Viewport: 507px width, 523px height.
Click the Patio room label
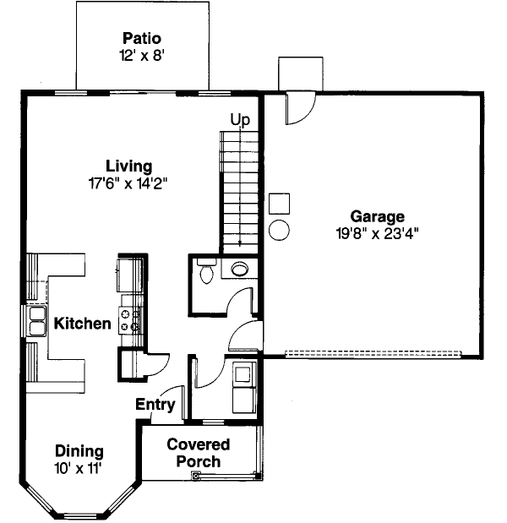coord(141,39)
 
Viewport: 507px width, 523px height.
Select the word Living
coord(128,166)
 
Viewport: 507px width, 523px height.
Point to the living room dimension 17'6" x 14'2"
coord(128,183)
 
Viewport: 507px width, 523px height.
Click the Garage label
coord(377,216)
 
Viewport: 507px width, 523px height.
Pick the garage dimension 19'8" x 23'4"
coord(377,233)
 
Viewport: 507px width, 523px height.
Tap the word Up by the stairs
coord(241,120)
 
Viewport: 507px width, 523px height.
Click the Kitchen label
coord(82,324)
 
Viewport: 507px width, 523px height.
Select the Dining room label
coord(79,451)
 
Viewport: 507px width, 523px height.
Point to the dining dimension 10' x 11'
coord(79,467)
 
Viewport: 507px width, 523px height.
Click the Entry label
coord(155,405)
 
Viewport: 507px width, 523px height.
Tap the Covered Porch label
coord(198,453)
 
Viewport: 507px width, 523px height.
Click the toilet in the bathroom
coord(204,272)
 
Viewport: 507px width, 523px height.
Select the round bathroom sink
coord(239,270)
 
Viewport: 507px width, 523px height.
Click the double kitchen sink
coord(36,321)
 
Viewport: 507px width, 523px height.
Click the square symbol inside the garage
coord(280,204)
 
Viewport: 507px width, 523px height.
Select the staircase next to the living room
coord(239,188)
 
